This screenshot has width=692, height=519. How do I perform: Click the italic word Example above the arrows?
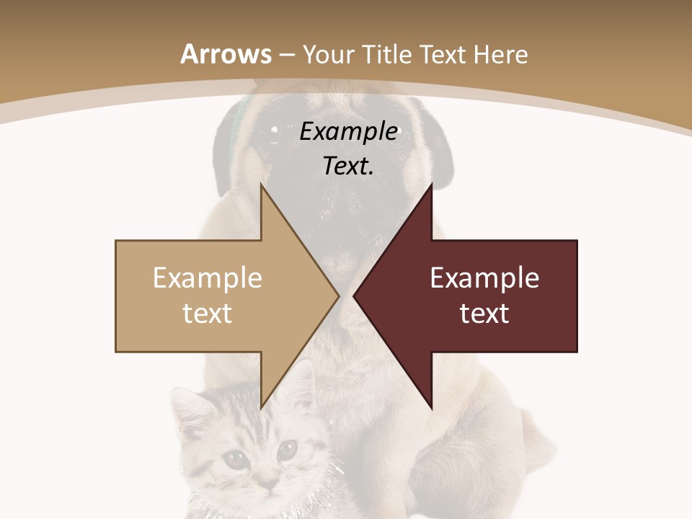tap(349, 132)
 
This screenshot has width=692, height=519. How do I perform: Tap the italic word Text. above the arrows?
tap(349, 167)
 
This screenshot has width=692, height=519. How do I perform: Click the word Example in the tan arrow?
tap(208, 278)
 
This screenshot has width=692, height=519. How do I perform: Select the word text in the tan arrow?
tap(208, 314)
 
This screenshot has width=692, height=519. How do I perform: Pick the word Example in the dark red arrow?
tap(484, 278)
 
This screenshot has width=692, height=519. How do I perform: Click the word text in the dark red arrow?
tap(484, 314)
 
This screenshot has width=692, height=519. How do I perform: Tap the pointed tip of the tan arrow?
tap(338, 296)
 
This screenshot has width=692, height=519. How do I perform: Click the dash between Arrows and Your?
tap(286, 56)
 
